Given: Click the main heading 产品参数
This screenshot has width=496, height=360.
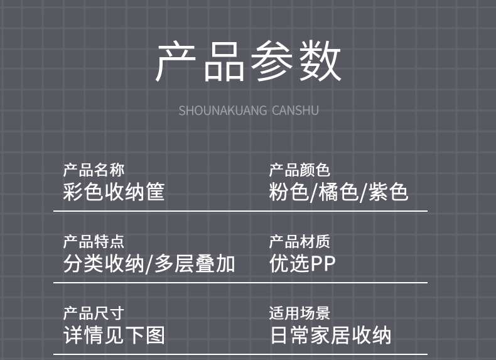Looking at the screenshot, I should tap(248, 62).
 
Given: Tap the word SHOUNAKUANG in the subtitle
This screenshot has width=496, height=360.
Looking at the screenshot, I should tap(222, 111).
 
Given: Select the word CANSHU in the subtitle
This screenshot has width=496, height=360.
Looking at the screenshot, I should tap(295, 111).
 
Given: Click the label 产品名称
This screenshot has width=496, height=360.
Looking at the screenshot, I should tap(94, 170).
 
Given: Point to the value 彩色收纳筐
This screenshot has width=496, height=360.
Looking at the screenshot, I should tap(114, 191).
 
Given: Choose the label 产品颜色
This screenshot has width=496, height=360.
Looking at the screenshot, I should tap(299, 170).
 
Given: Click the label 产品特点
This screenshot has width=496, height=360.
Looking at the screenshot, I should tap(94, 241).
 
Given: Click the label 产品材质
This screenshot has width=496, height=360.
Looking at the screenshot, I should tap(299, 241).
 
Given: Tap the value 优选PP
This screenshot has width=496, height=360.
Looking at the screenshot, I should tap(303, 263).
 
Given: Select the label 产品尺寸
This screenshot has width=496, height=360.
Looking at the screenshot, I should tap(94, 313).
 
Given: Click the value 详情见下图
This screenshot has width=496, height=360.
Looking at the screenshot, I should tap(114, 335).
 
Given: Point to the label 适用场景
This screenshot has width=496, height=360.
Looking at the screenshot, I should tap(299, 313).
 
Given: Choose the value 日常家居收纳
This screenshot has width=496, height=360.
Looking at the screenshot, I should tap(330, 335).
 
